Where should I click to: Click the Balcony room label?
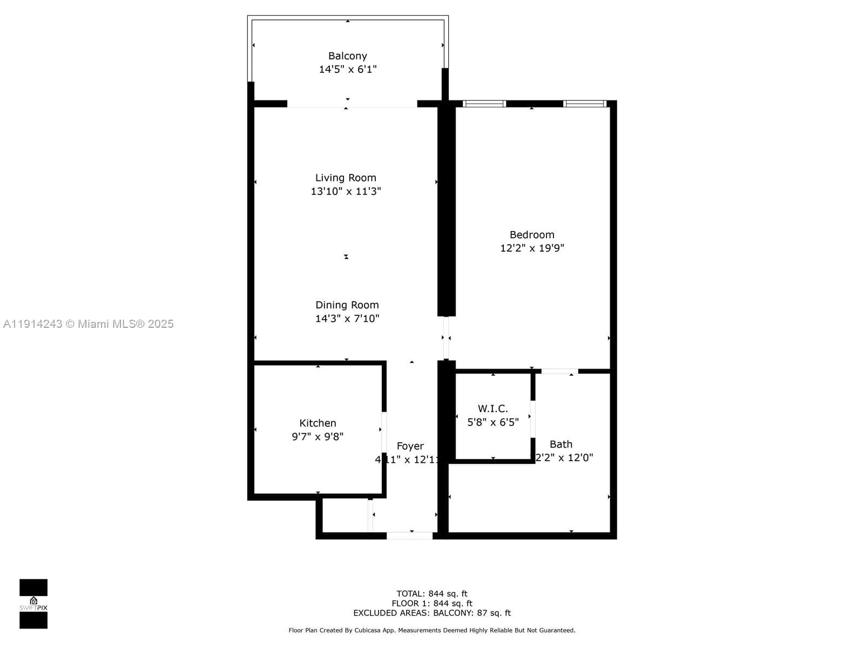pyautogui.click(x=347, y=56)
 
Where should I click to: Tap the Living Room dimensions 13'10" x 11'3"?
pyautogui.click(x=346, y=191)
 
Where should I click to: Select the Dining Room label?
pyautogui.click(x=347, y=305)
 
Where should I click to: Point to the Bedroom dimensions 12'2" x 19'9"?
pyautogui.click(x=532, y=248)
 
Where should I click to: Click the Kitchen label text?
pyautogui.click(x=318, y=423)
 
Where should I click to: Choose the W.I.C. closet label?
pyautogui.click(x=492, y=409)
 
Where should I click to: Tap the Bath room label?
pyautogui.click(x=561, y=444)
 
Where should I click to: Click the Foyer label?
pyautogui.click(x=410, y=446)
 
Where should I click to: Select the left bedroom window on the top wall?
pyautogui.click(x=484, y=104)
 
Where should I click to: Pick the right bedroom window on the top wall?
pyautogui.click(x=584, y=104)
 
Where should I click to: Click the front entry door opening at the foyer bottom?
pyautogui.click(x=409, y=536)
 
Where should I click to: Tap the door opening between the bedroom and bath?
pyautogui.click(x=559, y=372)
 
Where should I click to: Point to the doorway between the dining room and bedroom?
pyautogui.click(x=446, y=338)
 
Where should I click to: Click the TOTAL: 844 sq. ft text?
pyautogui.click(x=431, y=594)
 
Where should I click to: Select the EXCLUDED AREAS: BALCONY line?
pyautogui.click(x=431, y=613)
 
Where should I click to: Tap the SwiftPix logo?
pyautogui.click(x=33, y=604)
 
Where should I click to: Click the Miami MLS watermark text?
pyautogui.click(x=89, y=324)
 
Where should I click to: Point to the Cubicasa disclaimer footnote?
pyautogui.click(x=431, y=630)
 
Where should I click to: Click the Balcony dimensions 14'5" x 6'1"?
pyautogui.click(x=347, y=69)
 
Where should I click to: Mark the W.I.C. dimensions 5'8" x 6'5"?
pyautogui.click(x=492, y=422)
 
